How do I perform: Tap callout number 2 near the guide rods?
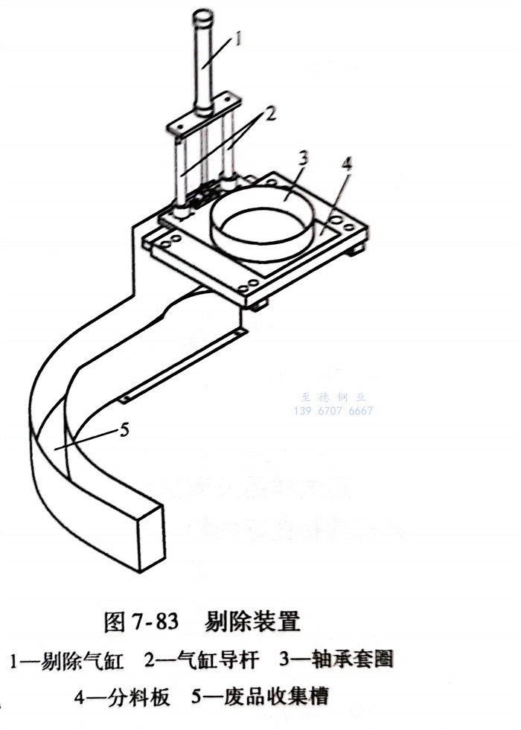[x=269, y=115]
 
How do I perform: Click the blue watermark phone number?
[x=334, y=412]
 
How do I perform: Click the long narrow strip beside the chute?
[x=182, y=365]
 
